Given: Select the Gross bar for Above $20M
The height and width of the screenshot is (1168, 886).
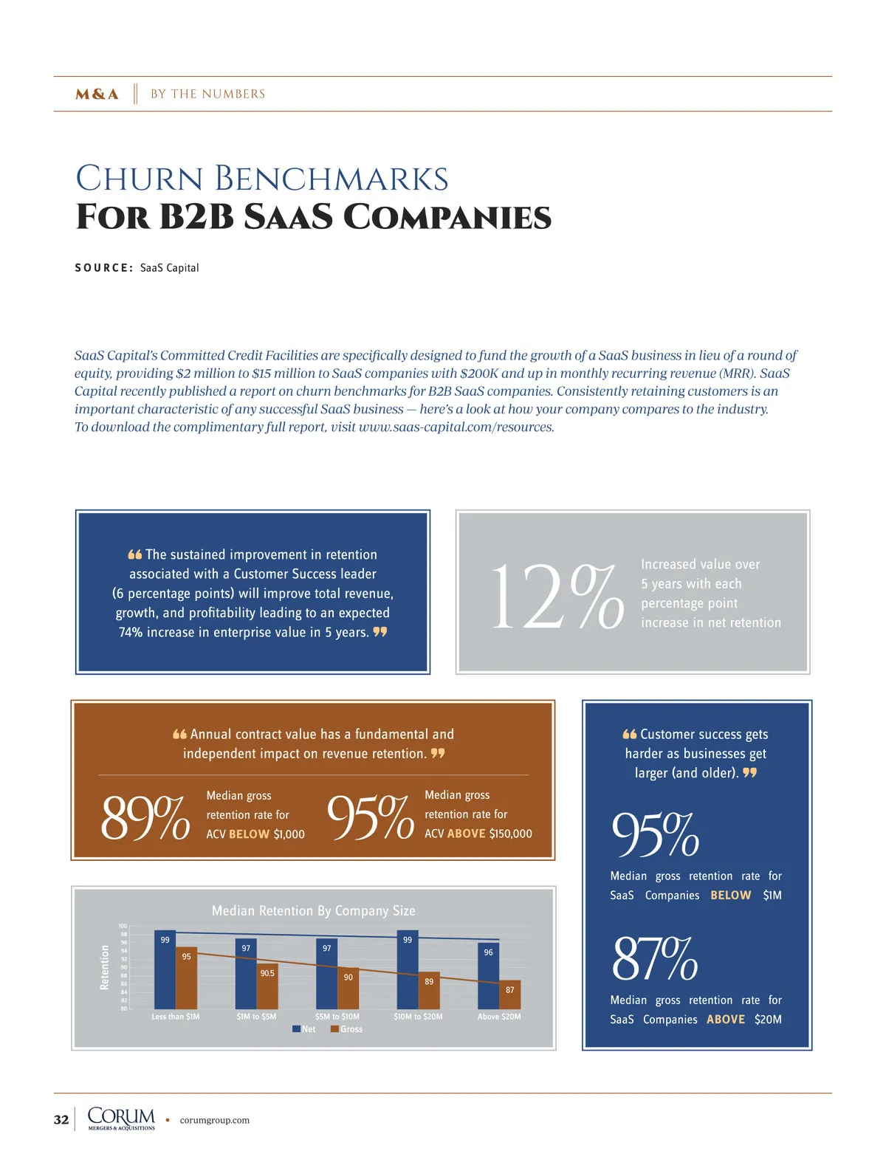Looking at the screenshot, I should (x=510, y=994).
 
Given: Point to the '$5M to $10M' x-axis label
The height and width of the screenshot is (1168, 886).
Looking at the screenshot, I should (x=337, y=1017).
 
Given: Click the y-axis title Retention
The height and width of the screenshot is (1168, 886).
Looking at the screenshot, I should (x=104, y=967).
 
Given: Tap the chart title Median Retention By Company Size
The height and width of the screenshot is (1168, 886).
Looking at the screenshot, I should (x=313, y=911).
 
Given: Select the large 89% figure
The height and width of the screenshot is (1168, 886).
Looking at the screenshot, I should (x=145, y=818).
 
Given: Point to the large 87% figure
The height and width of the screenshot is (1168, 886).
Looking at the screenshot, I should (x=654, y=959).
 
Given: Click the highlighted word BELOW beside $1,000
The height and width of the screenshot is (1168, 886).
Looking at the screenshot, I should (x=249, y=834).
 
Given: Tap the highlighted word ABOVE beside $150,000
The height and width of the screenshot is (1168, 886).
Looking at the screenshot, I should (x=466, y=834).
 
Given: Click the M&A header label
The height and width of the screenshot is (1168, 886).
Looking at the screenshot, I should (x=97, y=94).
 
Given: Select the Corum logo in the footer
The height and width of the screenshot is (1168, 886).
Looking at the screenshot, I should (x=121, y=1119).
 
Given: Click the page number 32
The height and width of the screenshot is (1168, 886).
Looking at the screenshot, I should (x=61, y=1119).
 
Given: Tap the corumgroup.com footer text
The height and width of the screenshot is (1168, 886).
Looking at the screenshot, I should (x=214, y=1120).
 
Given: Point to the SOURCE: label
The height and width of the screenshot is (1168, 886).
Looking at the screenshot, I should (x=103, y=268).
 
